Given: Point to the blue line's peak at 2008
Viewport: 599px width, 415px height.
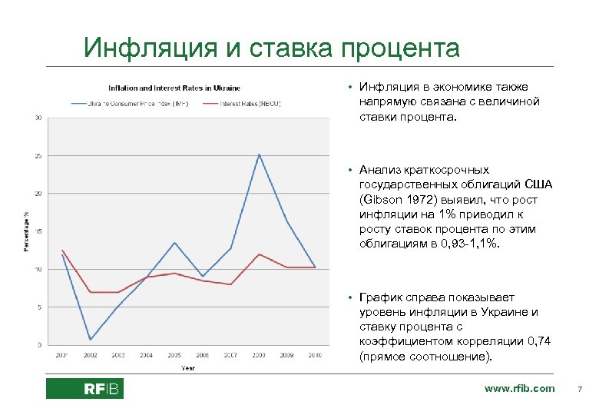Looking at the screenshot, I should [x=259, y=154].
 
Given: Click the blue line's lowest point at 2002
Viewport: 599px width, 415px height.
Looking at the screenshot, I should [x=90, y=339].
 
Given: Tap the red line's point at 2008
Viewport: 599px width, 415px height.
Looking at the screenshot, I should [x=259, y=254].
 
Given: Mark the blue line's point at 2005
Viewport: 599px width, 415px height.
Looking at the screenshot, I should [x=174, y=243].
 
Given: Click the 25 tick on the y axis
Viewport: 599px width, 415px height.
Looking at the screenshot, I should [x=38, y=156].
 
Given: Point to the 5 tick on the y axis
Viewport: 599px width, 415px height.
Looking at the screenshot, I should [x=39, y=307].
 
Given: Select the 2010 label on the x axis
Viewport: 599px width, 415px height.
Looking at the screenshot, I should [x=315, y=356].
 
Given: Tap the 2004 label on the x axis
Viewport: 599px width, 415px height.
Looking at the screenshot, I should [x=146, y=356].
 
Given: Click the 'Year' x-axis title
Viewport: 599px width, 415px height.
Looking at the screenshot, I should [x=188, y=368].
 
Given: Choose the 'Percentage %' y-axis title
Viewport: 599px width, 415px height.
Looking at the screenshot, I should [x=25, y=230].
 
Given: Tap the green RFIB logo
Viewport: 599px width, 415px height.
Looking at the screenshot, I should [x=84, y=389].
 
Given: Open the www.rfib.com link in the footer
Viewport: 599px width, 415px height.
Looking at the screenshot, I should [x=519, y=388].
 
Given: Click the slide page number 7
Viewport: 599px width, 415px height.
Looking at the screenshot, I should [x=580, y=389].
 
